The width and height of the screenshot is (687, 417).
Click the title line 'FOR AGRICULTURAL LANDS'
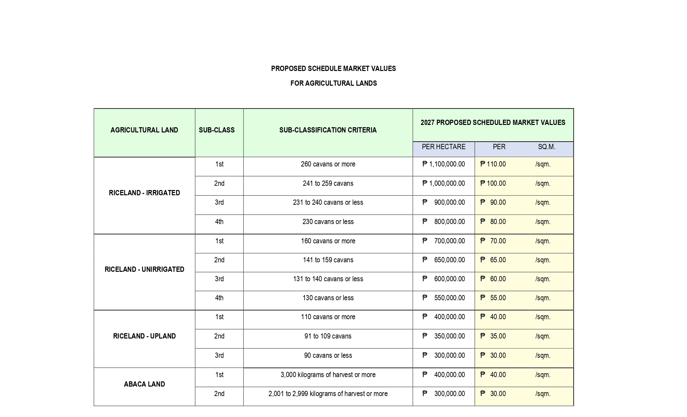click(x=333, y=83)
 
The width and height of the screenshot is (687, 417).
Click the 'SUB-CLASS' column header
click(x=217, y=130)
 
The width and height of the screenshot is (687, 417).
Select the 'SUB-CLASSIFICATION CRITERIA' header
click(x=328, y=130)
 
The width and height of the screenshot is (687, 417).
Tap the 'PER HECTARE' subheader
click(x=443, y=147)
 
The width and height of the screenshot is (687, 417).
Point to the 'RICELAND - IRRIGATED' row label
click(x=144, y=193)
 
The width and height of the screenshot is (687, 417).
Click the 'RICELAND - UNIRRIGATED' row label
click(x=144, y=269)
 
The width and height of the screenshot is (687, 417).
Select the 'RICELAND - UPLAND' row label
click(x=144, y=336)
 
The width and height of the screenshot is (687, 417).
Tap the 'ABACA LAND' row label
click(x=144, y=384)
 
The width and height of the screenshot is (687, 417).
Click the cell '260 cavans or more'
click(x=328, y=164)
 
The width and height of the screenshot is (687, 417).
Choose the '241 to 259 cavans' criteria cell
click(x=328, y=183)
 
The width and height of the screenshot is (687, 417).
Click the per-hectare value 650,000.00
click(x=449, y=260)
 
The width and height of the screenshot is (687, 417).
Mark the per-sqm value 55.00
click(x=498, y=298)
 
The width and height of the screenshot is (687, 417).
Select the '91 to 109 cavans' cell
click(x=328, y=336)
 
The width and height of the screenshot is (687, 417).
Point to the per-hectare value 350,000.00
click(x=449, y=336)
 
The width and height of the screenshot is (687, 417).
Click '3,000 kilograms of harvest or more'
click(x=328, y=375)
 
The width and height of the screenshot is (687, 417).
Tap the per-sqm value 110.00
click(x=496, y=164)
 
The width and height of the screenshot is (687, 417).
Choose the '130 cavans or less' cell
click(x=328, y=298)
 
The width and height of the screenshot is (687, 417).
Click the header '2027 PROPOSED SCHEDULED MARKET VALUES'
click(x=493, y=123)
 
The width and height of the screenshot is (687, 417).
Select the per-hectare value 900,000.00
click(x=449, y=202)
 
